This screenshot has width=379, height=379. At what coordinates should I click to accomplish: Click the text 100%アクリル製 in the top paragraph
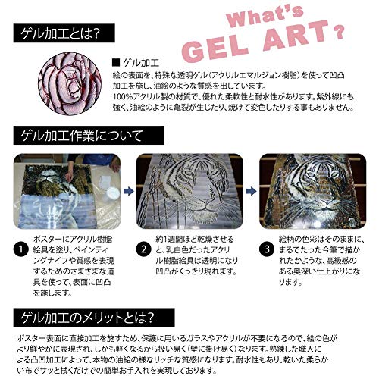(143, 97)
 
